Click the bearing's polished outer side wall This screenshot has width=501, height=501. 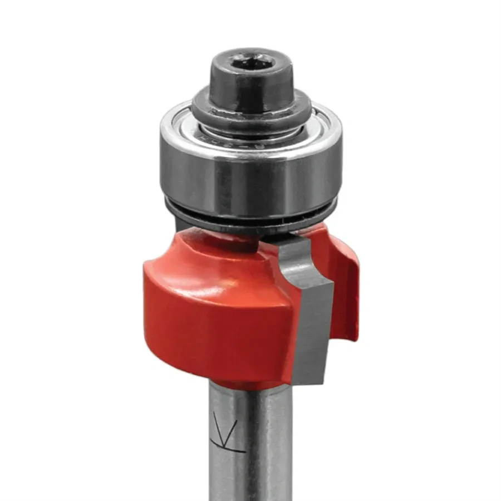point(250,178)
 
